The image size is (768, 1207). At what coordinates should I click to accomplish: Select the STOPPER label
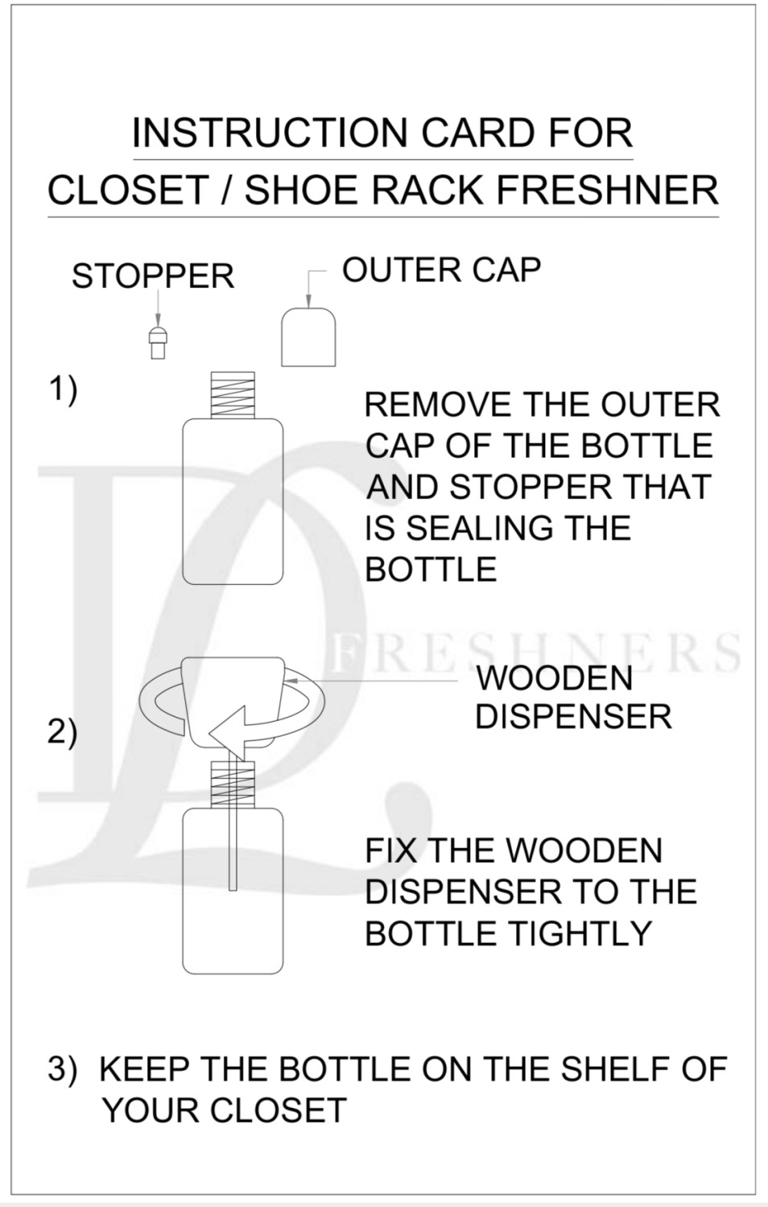pyautogui.click(x=153, y=277)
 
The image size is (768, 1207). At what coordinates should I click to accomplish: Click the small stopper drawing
pyautogui.click(x=158, y=342)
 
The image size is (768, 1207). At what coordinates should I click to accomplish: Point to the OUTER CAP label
pyautogui.click(x=441, y=270)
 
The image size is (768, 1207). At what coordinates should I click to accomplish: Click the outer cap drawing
pyautogui.click(x=308, y=337)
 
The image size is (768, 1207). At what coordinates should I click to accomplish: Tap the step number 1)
pyautogui.click(x=64, y=389)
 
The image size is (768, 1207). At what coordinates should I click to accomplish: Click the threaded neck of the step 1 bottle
pyautogui.click(x=233, y=395)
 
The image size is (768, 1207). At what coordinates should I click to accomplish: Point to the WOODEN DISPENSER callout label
pyautogui.click(x=573, y=698)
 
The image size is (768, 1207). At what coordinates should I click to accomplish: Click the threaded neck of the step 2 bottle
pyautogui.click(x=232, y=784)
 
